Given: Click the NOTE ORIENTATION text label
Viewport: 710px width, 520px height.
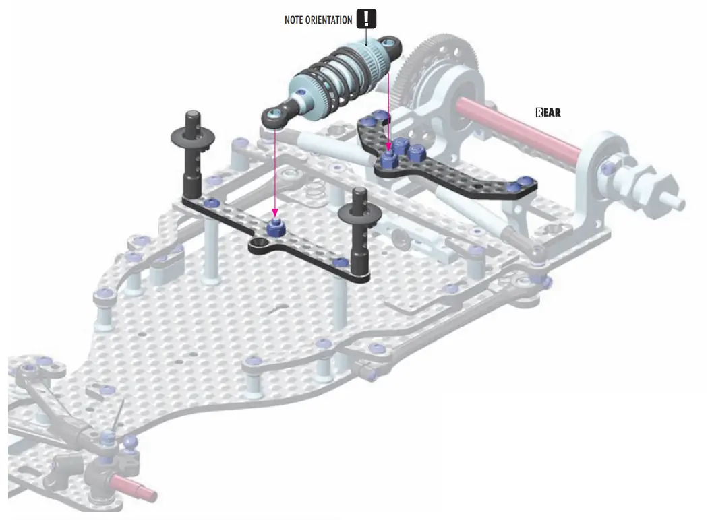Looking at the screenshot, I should click(318, 20).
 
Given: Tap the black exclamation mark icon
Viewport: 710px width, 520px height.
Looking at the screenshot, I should click(365, 19).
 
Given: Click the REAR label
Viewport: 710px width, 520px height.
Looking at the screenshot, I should click(548, 112).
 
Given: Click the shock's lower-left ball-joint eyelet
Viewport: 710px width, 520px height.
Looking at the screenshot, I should click(273, 116).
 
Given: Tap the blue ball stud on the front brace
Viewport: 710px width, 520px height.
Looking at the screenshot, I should click(275, 228).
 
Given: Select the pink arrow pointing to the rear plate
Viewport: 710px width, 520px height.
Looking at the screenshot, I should click(389, 108).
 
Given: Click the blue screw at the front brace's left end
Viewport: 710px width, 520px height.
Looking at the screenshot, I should click(212, 203).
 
